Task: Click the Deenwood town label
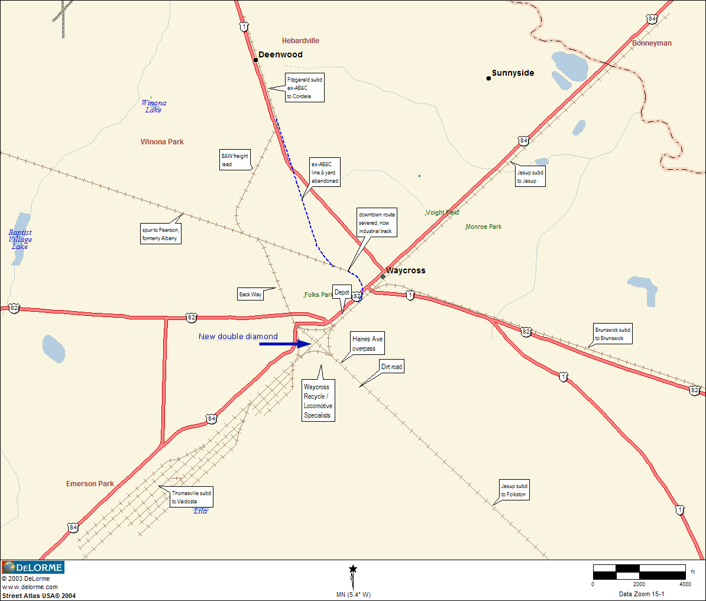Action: (x=280, y=54)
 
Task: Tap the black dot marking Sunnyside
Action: (x=488, y=78)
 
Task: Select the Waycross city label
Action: (x=406, y=270)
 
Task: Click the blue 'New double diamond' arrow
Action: (x=285, y=344)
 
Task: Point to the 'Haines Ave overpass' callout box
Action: (x=367, y=344)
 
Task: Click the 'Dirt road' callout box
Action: (x=391, y=367)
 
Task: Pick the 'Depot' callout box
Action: (x=342, y=292)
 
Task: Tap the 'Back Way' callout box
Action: (x=250, y=295)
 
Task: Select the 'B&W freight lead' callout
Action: (x=235, y=160)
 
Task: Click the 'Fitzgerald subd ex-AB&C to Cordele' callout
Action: (x=305, y=88)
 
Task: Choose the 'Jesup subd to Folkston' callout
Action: (x=514, y=490)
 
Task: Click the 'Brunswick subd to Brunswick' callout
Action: (x=613, y=334)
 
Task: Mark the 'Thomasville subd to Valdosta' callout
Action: (x=191, y=497)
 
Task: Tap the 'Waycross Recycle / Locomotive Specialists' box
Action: (x=318, y=401)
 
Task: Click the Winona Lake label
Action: (x=154, y=106)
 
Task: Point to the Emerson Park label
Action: (x=90, y=484)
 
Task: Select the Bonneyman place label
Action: (x=652, y=43)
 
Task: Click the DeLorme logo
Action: (x=33, y=567)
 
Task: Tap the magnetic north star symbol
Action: (x=353, y=569)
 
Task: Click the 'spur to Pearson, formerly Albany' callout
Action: (x=160, y=234)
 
